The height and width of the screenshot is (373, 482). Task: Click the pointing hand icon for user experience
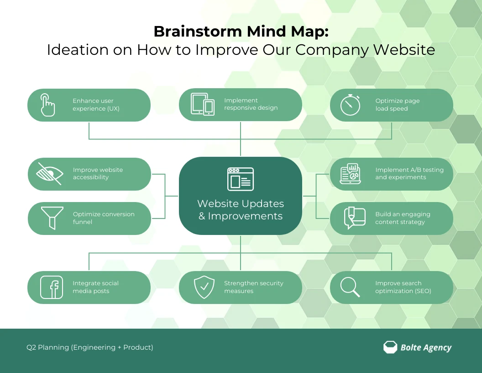[x=47, y=105]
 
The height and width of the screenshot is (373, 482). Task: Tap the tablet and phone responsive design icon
[x=203, y=105]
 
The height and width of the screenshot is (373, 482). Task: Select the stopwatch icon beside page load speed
[x=350, y=105]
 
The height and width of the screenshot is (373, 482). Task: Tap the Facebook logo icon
[x=52, y=288]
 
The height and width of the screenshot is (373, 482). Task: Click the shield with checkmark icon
[x=204, y=288]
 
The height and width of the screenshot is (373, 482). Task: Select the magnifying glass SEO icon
[x=350, y=287]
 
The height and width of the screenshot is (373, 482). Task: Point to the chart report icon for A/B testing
[x=350, y=174]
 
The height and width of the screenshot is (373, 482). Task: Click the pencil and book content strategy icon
[x=354, y=218]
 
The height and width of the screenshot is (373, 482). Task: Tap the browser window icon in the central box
[x=241, y=179]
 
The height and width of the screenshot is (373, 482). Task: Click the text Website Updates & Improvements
[x=241, y=210]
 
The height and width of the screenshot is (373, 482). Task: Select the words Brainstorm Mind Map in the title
[x=241, y=31]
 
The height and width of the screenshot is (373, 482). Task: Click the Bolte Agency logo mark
[x=390, y=347]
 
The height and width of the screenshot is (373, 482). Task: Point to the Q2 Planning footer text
[x=90, y=347]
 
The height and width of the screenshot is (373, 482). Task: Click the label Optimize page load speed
[x=397, y=105]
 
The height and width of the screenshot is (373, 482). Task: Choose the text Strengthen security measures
[x=253, y=287]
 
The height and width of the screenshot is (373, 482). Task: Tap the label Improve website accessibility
[x=98, y=173]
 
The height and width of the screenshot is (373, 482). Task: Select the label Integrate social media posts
[x=95, y=287]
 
